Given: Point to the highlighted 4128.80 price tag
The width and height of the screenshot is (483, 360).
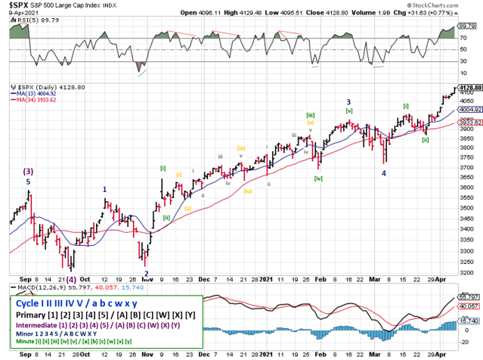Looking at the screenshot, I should point(469,88).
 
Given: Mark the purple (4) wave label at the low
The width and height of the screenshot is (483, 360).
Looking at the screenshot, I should point(70,277).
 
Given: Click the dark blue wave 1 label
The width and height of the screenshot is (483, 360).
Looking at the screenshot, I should point(104,190).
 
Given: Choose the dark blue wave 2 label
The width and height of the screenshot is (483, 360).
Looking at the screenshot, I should point(146,274).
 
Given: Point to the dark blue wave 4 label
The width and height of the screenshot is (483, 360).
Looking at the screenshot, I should point(383,173).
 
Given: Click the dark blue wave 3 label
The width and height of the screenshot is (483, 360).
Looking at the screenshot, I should point(348,101).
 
